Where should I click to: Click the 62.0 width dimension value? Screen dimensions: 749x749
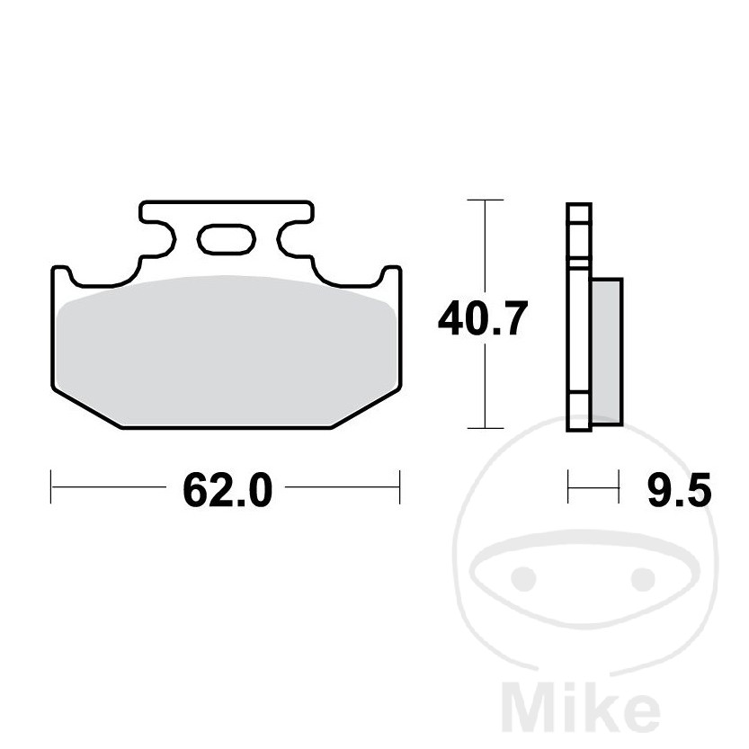point(227,490)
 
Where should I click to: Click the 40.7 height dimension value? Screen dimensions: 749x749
point(483,318)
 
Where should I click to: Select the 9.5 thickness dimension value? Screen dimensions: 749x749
point(679,490)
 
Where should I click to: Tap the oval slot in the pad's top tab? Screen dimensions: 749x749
point(226,239)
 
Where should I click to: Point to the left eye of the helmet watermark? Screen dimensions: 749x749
point(523,578)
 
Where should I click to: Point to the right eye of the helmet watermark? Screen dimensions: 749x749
point(643,578)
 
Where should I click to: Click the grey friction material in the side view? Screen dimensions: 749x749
point(607,352)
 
